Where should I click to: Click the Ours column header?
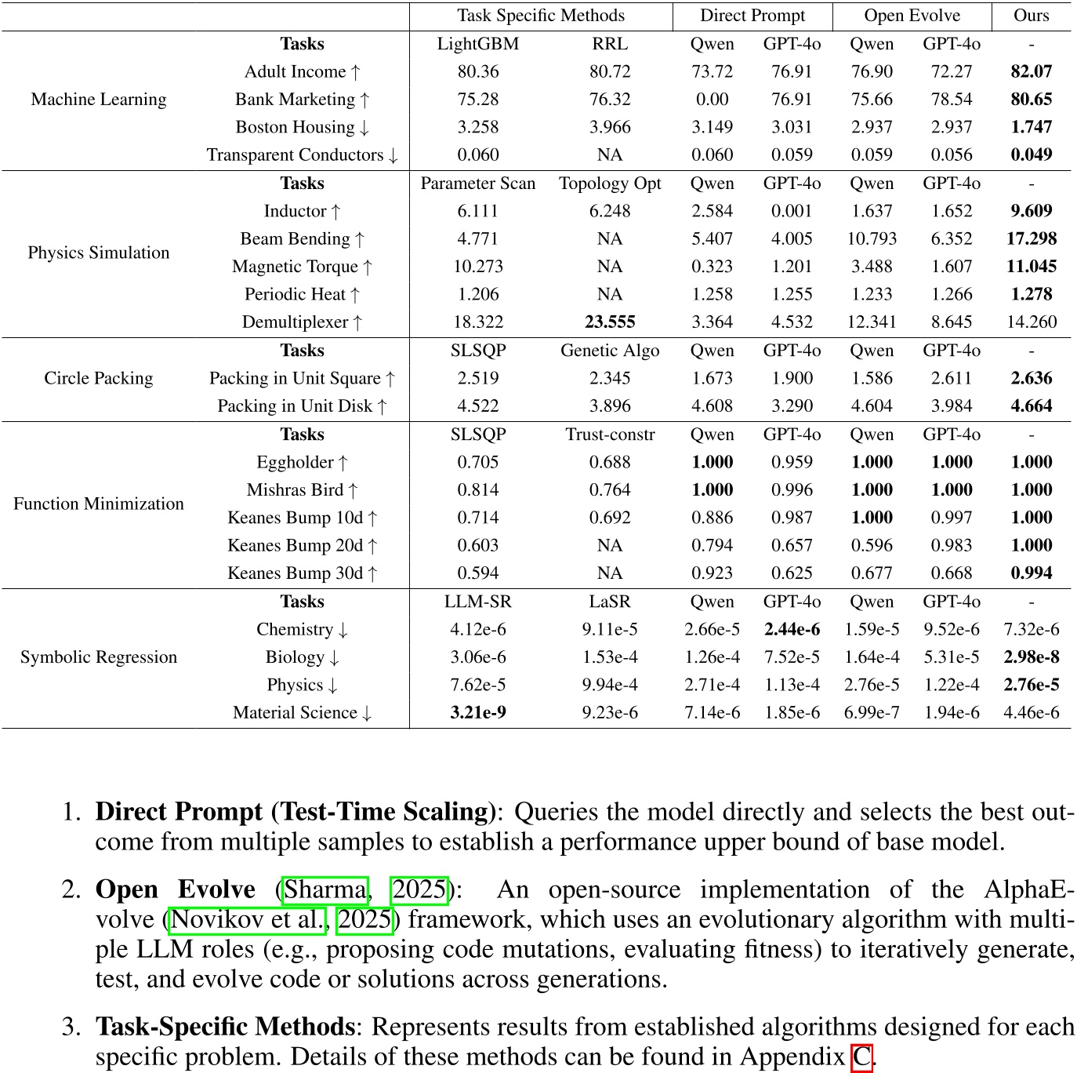coord(1031,16)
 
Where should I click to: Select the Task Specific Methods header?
coord(541,16)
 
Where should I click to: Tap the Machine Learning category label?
coord(99,100)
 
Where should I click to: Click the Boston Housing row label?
coord(302,127)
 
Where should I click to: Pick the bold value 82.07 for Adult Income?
coord(1031,71)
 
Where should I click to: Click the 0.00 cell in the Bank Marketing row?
coord(712,100)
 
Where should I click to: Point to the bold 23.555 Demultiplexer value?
coord(610,322)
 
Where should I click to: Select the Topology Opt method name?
coord(610,184)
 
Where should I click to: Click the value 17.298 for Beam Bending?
coord(1031,238)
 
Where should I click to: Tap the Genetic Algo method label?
coord(610,351)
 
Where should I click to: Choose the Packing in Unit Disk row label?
coord(302,406)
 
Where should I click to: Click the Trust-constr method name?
coord(610,435)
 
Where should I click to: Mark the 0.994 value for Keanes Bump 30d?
coord(1031,573)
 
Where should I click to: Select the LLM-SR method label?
coord(478,602)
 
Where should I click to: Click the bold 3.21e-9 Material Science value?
coord(478,713)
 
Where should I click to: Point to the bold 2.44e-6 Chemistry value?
coord(792,630)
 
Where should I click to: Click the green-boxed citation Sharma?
coord(325,890)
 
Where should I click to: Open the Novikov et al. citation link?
coord(248,920)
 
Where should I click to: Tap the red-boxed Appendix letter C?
coord(861,1057)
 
